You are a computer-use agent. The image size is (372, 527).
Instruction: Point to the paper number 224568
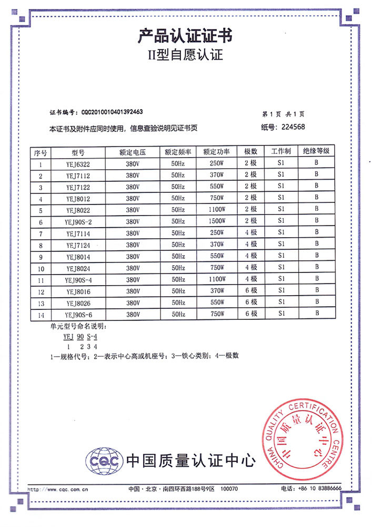(x=293, y=126)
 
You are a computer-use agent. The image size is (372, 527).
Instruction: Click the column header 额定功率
(x=217, y=152)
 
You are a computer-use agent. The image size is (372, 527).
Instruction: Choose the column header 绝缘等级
(x=316, y=151)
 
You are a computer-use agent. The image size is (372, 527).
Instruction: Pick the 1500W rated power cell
(x=216, y=220)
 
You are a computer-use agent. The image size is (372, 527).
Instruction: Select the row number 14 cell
(x=40, y=314)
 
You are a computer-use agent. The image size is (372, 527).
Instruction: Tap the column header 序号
(x=41, y=152)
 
